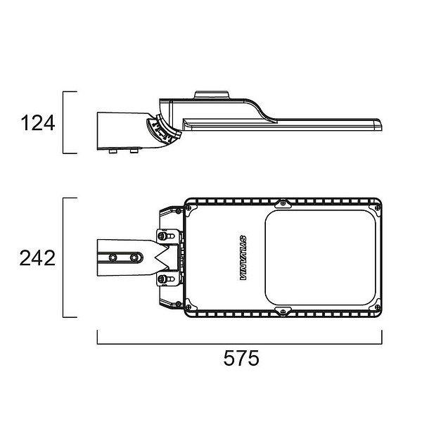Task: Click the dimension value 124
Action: (38, 123)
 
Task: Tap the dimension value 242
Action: (37, 258)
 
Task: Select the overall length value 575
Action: (241, 358)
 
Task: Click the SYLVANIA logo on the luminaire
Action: (243, 258)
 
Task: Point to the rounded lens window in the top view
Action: (320, 257)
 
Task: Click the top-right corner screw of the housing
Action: (377, 207)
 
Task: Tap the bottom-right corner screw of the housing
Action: (377, 307)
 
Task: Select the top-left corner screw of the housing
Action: (188, 207)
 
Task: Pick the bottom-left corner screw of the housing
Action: (188, 307)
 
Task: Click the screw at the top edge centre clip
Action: (283, 203)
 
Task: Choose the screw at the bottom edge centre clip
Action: (283, 312)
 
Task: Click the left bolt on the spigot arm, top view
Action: (113, 257)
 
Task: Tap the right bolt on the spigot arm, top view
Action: (134, 257)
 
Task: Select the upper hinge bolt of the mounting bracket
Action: (162, 236)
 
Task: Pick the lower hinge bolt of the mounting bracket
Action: (162, 279)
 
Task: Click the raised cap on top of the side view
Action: (212, 95)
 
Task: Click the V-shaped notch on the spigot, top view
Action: (162, 258)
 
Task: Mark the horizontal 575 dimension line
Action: (239, 344)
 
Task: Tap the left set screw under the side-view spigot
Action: (113, 151)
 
